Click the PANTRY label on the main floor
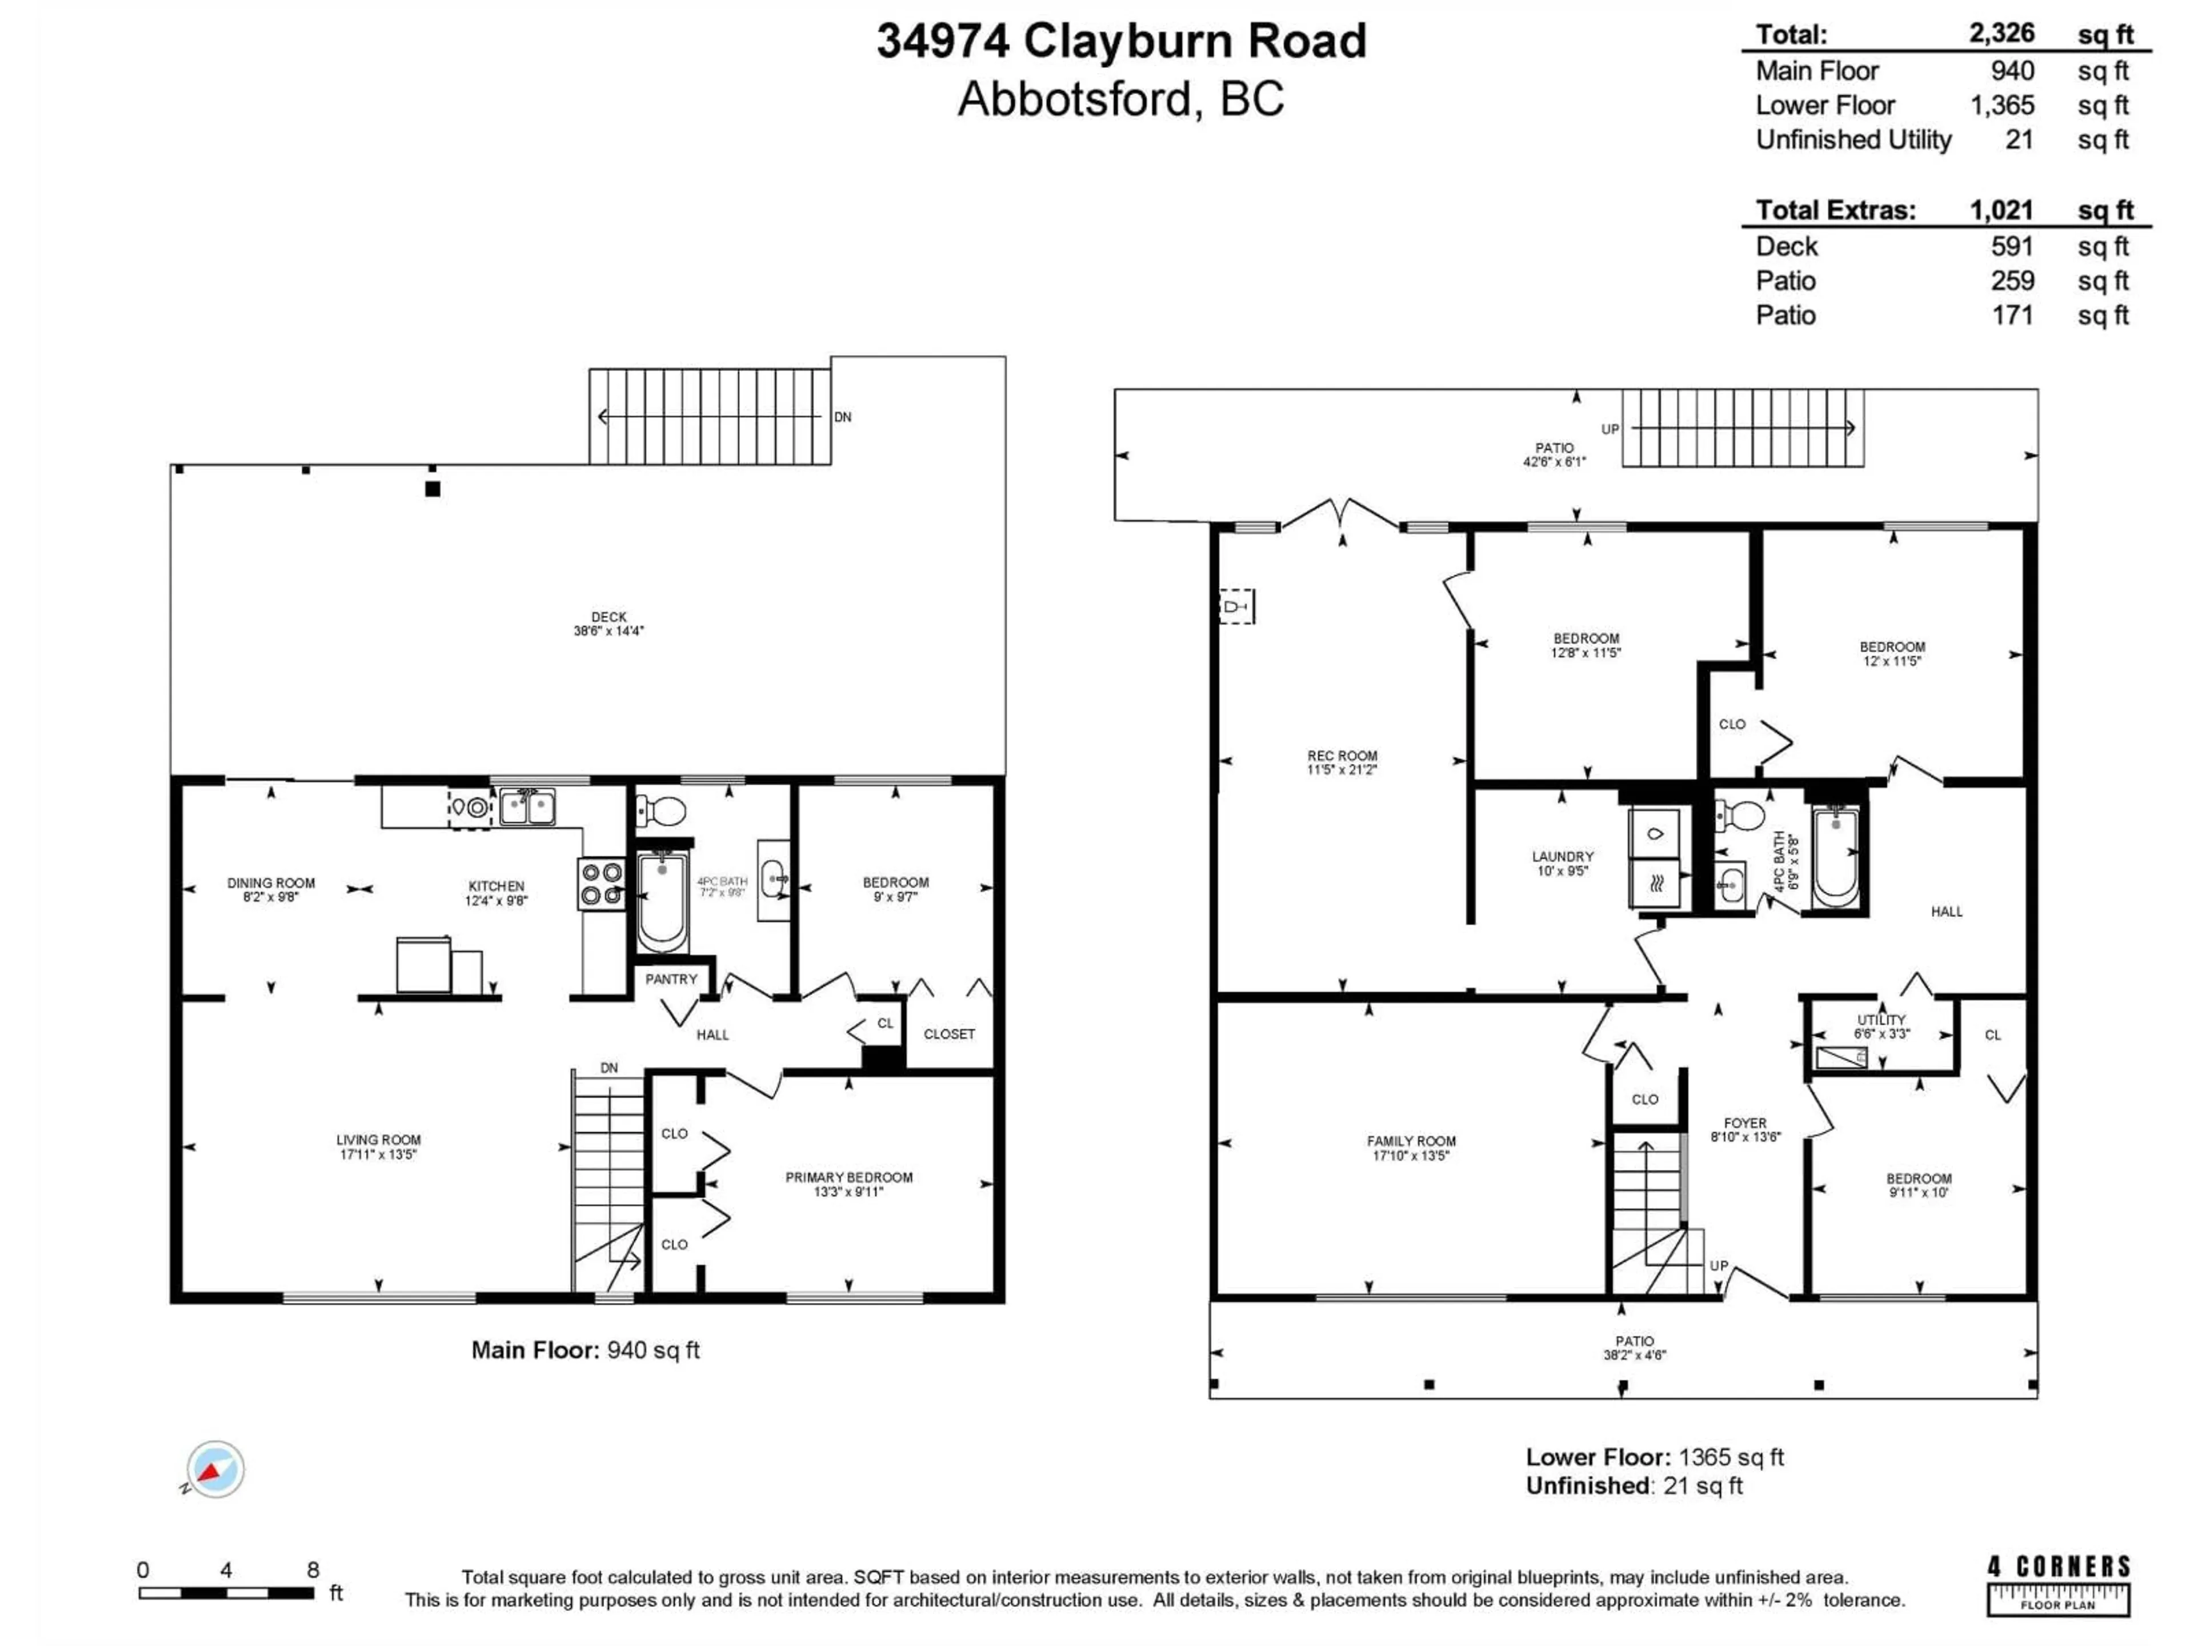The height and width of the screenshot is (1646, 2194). pyautogui.click(x=671, y=979)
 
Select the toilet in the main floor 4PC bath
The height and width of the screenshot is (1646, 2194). pyautogui.click(x=662, y=812)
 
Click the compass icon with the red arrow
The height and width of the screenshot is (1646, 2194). pyautogui.click(x=214, y=1469)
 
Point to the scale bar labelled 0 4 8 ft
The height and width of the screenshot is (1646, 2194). pyautogui.click(x=226, y=1592)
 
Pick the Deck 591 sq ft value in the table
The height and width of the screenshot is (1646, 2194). pyautogui.click(x=2012, y=246)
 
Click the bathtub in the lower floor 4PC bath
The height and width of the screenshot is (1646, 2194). pyautogui.click(x=1836, y=859)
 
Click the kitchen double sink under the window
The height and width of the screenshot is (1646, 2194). pyautogui.click(x=527, y=806)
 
